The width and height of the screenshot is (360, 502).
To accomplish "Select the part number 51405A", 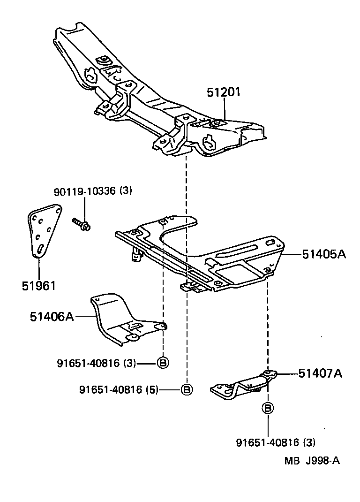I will [323, 254].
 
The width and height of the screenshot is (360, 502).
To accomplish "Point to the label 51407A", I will [320, 373].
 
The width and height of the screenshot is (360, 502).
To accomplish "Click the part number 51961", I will [38, 285].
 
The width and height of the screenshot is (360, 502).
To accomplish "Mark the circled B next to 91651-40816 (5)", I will [186, 389].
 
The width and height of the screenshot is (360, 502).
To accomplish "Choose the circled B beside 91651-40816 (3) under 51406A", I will [163, 363].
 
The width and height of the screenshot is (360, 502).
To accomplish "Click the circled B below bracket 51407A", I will [268, 408].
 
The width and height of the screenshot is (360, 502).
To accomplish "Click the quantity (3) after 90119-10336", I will [126, 191].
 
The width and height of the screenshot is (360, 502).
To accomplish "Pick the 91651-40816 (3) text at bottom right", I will [275, 442].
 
